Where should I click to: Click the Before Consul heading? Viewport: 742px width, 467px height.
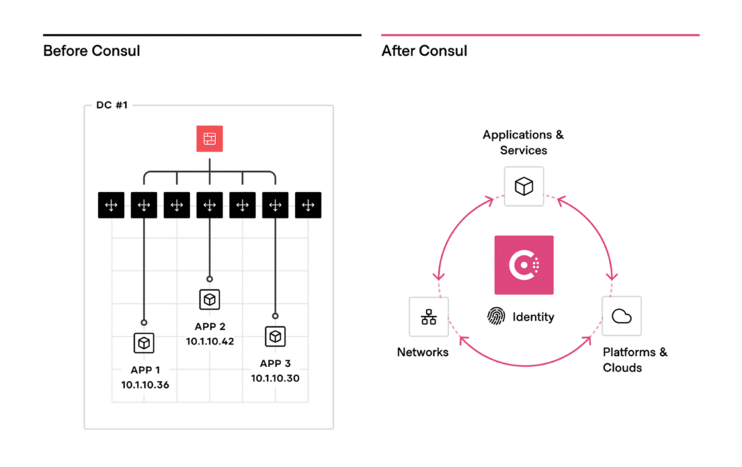point(91,51)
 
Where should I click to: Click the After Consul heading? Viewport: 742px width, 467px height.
point(424,51)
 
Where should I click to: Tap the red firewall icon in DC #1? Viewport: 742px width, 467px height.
point(209,139)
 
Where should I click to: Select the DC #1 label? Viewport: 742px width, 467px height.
point(112,105)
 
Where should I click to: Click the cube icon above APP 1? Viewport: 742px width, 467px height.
point(144,342)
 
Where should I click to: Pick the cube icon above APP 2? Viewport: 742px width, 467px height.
point(209,299)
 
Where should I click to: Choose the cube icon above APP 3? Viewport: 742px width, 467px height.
point(275,336)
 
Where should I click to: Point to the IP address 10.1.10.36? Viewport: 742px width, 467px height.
point(145,384)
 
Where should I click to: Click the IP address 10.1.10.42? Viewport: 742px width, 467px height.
point(210,341)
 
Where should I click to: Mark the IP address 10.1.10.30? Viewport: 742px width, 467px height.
point(275,378)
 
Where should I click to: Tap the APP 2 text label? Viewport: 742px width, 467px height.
point(210,326)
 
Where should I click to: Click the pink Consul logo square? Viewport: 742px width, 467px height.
point(524,265)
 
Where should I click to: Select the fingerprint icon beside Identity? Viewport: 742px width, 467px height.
point(496,316)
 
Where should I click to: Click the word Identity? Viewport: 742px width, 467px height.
point(533,316)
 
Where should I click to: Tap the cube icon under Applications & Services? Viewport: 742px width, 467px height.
point(524,186)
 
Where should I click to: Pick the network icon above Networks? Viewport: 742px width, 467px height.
point(429,316)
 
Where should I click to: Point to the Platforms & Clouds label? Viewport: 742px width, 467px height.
point(635,360)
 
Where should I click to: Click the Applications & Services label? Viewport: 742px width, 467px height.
point(523,142)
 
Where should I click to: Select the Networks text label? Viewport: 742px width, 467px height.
point(422,352)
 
